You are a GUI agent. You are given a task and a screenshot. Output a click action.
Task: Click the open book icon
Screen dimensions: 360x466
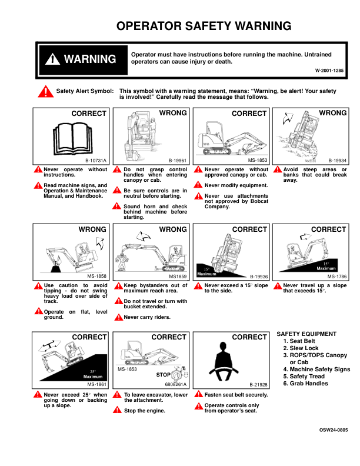pyautogui.click(x=73, y=138)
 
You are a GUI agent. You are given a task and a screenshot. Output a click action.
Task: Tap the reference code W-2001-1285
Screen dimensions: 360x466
pyautogui.click(x=329, y=71)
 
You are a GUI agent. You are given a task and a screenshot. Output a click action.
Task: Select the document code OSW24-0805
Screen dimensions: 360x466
pyautogui.click(x=334, y=430)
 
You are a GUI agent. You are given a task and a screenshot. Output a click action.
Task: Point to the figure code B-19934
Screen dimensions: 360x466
pyautogui.click(x=337, y=161)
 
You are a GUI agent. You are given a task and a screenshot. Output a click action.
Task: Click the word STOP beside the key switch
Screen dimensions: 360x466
pyautogui.click(x=164, y=375)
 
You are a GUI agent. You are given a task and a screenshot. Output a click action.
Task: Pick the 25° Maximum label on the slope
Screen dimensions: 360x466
pyautogui.click(x=93, y=374)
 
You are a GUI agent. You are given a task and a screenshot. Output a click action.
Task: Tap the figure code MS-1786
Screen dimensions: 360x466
pyautogui.click(x=337, y=277)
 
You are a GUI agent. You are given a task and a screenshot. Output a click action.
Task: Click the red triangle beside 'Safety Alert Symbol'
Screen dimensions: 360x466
pyautogui.click(x=45, y=92)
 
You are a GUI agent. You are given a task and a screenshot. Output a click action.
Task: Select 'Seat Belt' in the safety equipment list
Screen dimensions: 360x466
pyautogui.click(x=302, y=341)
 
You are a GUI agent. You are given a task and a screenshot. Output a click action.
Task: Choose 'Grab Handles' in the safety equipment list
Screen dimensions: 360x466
pyautogui.click(x=309, y=384)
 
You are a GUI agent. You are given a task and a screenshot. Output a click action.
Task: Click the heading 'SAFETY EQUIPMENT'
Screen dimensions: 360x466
pyautogui.click(x=306, y=334)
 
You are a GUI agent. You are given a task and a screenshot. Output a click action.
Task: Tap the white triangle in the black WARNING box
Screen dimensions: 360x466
pyautogui.click(x=52, y=59)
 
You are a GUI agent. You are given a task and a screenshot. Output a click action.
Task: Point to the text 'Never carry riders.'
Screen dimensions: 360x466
pyautogui.click(x=147, y=317)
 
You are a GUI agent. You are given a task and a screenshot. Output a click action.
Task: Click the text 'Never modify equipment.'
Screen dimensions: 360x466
pyautogui.click(x=236, y=185)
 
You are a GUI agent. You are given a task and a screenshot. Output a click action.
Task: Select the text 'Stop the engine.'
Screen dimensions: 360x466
pyautogui.click(x=145, y=411)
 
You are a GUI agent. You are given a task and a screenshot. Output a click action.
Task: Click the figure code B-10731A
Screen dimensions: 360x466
pyautogui.click(x=96, y=161)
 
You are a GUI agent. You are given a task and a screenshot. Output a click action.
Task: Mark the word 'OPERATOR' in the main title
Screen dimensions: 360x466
pyautogui.click(x=149, y=26)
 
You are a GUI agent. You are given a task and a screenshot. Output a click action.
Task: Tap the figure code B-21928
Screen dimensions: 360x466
pyautogui.click(x=258, y=385)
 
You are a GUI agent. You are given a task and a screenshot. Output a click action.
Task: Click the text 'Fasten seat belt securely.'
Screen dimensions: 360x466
pyautogui.click(x=236, y=395)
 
